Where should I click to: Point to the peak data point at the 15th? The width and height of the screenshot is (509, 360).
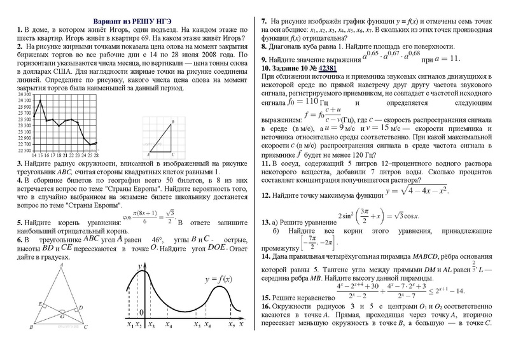click(40, 100)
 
